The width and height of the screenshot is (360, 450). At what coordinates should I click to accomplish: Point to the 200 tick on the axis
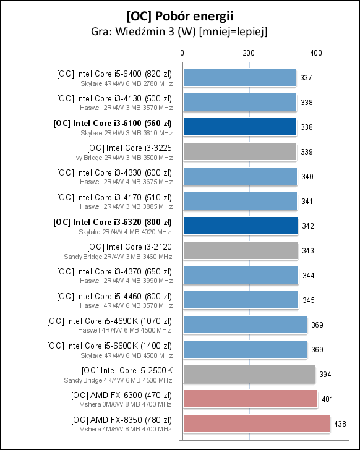point(249,54)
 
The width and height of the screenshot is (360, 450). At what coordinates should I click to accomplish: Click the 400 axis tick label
point(315,54)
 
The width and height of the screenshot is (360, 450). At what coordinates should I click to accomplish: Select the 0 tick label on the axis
point(182,54)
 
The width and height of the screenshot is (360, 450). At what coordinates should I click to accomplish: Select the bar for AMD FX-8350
point(256,423)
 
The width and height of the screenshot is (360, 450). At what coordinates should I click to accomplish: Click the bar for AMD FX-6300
point(250,399)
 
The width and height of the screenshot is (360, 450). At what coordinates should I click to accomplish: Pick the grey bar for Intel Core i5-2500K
point(249,374)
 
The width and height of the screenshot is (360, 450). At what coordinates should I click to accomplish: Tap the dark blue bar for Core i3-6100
point(239,127)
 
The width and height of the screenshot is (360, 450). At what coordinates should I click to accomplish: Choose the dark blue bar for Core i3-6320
point(240,226)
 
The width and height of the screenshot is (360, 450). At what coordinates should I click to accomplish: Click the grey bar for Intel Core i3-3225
point(239,151)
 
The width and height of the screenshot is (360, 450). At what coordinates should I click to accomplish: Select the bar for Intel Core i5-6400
point(239,77)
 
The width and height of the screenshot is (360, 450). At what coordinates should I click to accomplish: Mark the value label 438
point(340,423)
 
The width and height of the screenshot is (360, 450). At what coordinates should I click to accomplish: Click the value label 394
point(325,374)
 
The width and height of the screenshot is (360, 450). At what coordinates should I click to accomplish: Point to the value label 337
point(306,77)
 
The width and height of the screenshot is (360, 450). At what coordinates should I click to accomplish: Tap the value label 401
point(327,399)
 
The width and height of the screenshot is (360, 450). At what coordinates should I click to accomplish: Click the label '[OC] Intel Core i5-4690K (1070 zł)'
point(109,321)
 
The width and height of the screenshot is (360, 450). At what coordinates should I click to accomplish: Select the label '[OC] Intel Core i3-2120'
point(130,247)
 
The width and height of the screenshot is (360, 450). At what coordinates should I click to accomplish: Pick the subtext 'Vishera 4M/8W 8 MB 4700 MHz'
point(126,428)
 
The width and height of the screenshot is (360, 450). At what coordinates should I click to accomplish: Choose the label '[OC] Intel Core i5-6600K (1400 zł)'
point(109,346)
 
